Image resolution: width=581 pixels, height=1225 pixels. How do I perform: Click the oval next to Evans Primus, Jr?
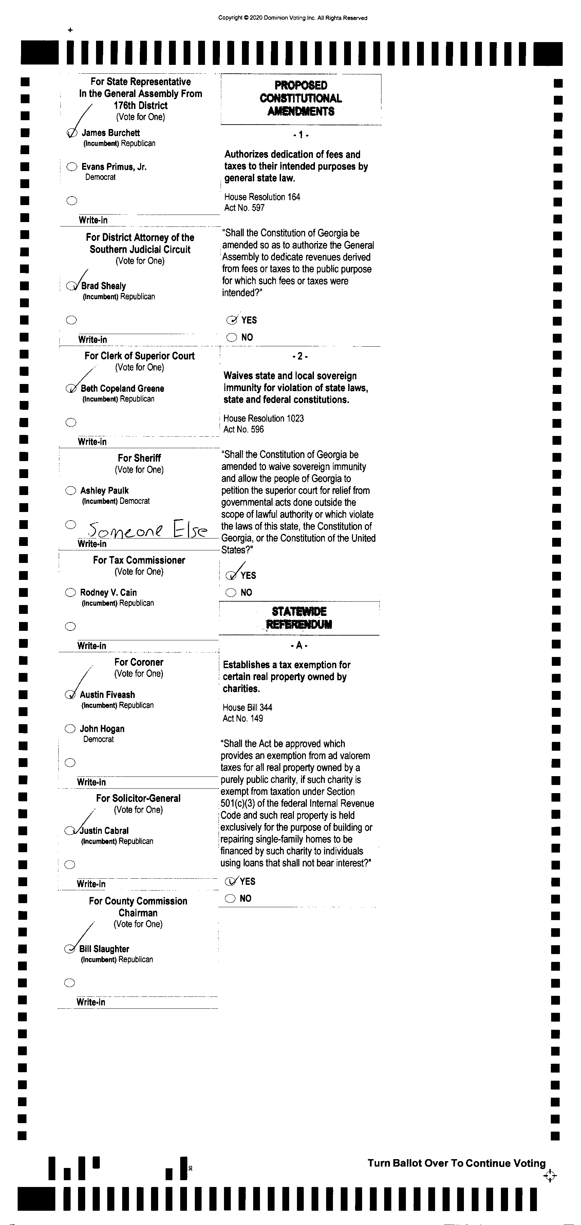pos(72,167)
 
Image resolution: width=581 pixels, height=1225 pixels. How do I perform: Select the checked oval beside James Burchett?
pos(72,133)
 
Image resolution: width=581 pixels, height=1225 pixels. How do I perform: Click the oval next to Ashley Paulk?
pos(70,490)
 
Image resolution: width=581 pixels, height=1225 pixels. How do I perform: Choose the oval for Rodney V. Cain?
pos(70,592)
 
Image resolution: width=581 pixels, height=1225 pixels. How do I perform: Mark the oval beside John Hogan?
pos(70,729)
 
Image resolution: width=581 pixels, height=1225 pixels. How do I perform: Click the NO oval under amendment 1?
pos(231,337)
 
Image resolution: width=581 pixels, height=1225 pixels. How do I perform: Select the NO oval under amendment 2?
pos(231,592)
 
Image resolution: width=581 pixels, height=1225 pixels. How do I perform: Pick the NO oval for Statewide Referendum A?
pos(230,898)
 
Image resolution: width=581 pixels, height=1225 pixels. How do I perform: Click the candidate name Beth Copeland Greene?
pos(122,388)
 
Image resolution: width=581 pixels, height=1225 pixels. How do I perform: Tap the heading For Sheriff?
pos(139,458)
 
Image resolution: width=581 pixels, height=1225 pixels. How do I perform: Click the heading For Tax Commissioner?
pos(139,560)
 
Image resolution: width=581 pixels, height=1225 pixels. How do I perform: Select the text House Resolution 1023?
pos(263,419)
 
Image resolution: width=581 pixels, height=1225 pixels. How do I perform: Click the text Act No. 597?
pos(244,208)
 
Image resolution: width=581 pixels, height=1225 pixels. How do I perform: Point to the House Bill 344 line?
pos(247,708)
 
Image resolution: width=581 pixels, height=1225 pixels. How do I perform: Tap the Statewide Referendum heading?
pos(299,618)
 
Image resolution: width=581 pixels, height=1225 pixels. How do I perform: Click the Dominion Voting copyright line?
pos(293,18)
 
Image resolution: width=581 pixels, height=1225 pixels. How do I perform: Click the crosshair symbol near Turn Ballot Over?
pos(550,1176)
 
